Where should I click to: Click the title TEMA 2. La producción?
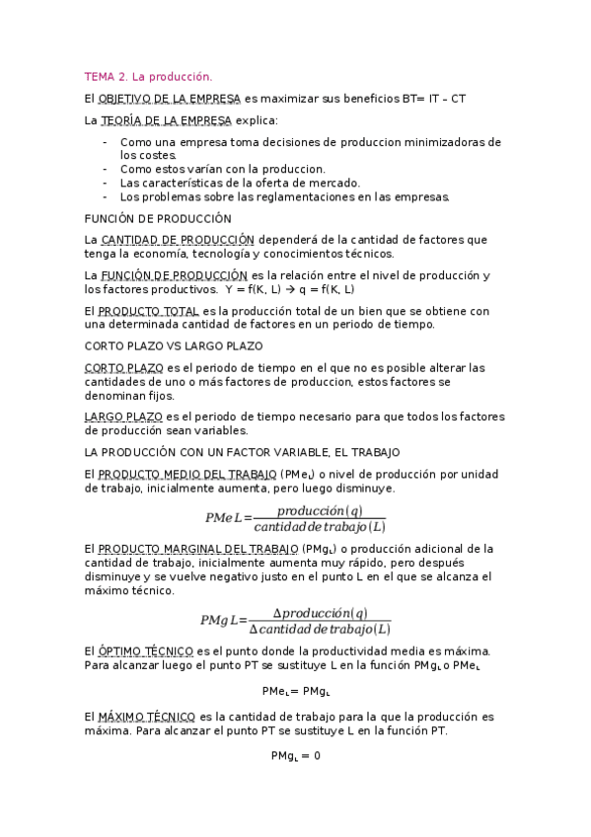pos(148,76)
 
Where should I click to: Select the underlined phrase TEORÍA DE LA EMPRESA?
pos(166,120)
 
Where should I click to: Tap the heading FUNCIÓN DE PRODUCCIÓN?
pos(158,218)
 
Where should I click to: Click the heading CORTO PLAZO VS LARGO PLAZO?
pos(174,346)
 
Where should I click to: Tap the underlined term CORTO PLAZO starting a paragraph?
pos(124,368)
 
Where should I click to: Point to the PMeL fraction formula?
pos(296,517)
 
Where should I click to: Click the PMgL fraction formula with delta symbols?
pos(296,620)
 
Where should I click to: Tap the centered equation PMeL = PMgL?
pos(296,691)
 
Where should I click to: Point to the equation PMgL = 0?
pos(296,755)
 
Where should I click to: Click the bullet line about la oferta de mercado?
pos(240,183)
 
